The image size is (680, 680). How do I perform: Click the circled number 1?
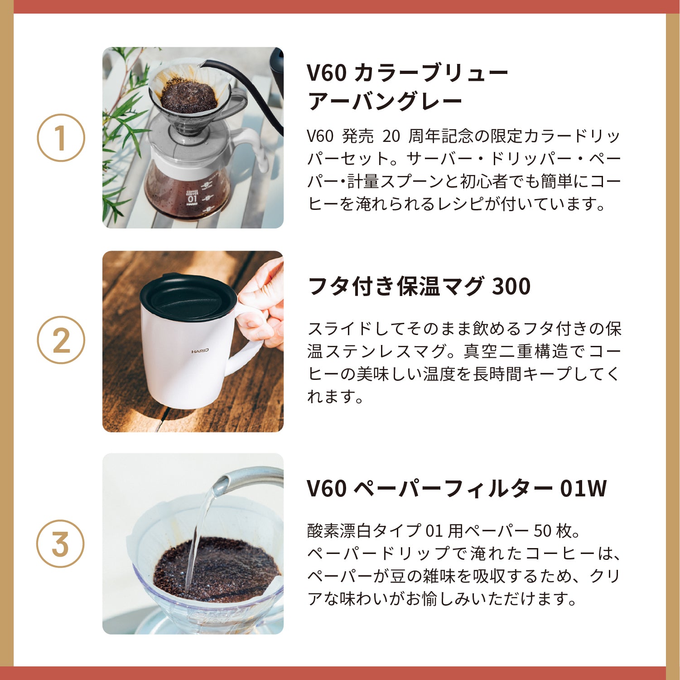point(61,137)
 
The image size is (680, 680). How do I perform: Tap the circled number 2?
point(61,340)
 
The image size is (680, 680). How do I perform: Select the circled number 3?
point(60,544)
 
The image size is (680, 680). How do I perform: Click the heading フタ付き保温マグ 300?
point(419,287)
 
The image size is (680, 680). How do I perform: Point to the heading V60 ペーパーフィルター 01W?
point(456,489)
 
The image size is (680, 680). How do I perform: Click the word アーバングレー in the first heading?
point(385,101)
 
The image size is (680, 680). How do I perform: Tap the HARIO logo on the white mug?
point(200,351)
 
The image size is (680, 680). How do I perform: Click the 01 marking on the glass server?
point(193,199)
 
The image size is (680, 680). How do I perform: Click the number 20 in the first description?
point(391,136)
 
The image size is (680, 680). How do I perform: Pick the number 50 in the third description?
point(543,531)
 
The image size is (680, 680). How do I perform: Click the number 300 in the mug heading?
point(511,287)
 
